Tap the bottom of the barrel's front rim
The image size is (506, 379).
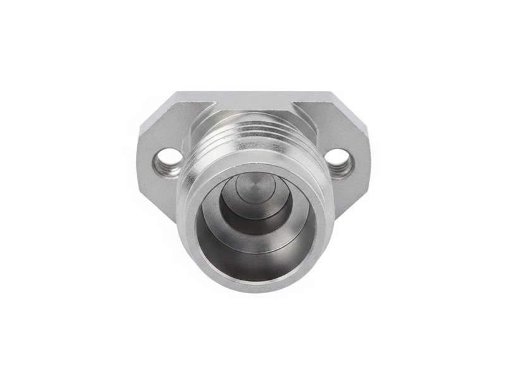(x=253, y=284)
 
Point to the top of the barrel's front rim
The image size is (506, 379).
(x=253, y=165)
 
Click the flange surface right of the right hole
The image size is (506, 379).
(x=360, y=161)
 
